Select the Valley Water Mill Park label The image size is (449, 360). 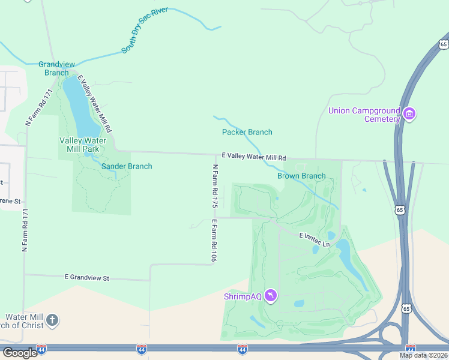(x=83, y=145)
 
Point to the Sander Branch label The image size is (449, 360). (x=127, y=166)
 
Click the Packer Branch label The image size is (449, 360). (x=247, y=132)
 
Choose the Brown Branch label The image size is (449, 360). (x=301, y=176)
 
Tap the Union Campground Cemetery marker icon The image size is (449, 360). (x=409, y=113)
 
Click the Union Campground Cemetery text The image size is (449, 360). (x=364, y=115)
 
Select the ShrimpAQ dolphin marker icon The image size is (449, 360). (x=271, y=296)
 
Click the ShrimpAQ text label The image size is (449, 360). (x=243, y=296)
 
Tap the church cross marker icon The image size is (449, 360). (x=52, y=320)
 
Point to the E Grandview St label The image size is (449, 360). (x=87, y=278)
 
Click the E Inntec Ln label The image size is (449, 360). (x=315, y=240)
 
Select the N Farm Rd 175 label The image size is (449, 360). (x=214, y=186)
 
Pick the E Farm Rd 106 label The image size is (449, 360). (x=214, y=240)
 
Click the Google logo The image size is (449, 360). (x=20, y=353)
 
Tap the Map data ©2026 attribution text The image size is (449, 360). (x=424, y=355)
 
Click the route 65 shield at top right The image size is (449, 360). (x=443, y=44)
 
